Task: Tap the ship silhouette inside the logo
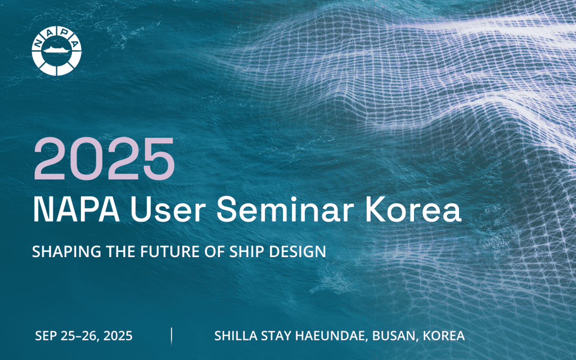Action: [x=56, y=49]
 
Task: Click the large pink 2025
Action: [x=104, y=159]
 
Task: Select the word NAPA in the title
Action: [x=76, y=209]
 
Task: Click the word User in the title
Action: [x=168, y=209]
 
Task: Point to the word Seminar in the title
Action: [x=285, y=209]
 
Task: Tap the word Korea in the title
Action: [x=413, y=209]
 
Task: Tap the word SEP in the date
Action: [x=47, y=336]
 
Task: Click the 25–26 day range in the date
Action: [x=80, y=336]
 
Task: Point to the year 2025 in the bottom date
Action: [x=118, y=336]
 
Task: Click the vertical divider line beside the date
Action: [x=172, y=336]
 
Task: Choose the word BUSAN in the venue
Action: [x=395, y=336]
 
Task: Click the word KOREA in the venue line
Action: [x=444, y=336]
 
